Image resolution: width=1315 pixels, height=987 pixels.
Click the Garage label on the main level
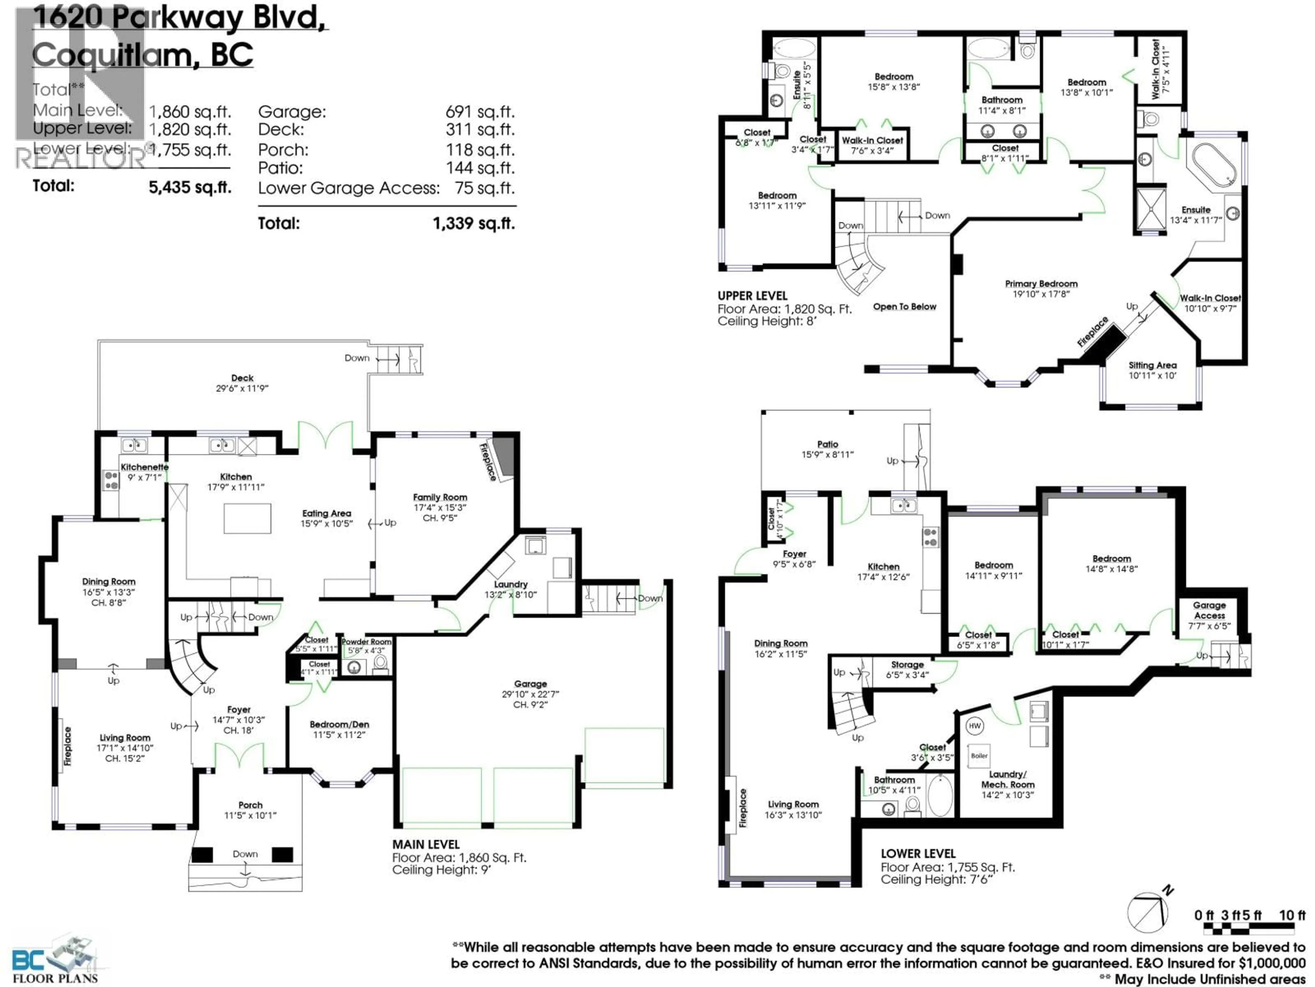(530, 684)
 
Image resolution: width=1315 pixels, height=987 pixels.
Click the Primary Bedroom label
(1041, 284)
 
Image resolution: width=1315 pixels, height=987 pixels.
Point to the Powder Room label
(366, 641)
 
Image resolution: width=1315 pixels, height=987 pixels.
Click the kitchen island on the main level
(247, 518)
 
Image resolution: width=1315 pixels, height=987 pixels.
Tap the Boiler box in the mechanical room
(979, 756)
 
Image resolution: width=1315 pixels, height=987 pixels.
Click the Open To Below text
(904, 306)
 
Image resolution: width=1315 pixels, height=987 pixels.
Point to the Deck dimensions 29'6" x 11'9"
(242, 389)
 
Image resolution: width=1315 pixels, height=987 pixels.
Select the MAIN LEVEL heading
(426, 844)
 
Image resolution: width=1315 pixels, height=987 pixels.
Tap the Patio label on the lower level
(827, 444)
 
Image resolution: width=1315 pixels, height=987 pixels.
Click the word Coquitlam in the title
(111, 55)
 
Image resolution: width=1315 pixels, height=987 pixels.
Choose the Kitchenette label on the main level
(145, 467)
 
